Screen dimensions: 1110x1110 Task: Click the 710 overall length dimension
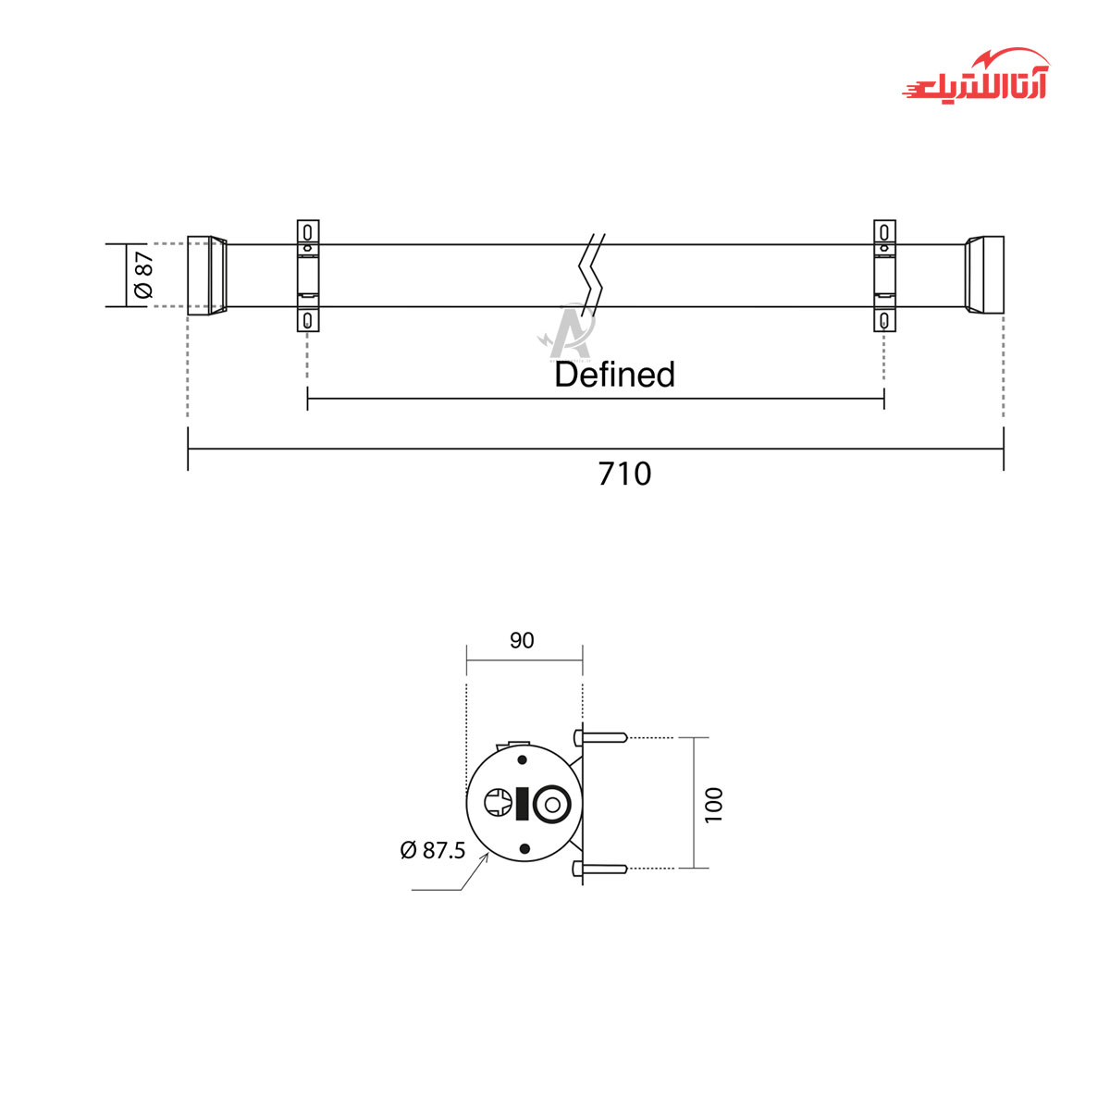[x=624, y=475]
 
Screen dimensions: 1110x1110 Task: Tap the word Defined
[x=614, y=375]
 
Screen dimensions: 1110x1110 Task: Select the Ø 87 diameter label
[x=144, y=275]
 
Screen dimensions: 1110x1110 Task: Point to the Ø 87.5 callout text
[x=433, y=850]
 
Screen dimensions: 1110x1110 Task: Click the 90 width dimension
[x=522, y=640]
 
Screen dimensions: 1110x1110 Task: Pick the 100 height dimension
[x=713, y=806]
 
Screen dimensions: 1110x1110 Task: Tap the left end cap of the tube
[x=207, y=276]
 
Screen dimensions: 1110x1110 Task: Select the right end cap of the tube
[x=984, y=276]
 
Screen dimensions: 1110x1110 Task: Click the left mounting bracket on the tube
[x=308, y=276]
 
